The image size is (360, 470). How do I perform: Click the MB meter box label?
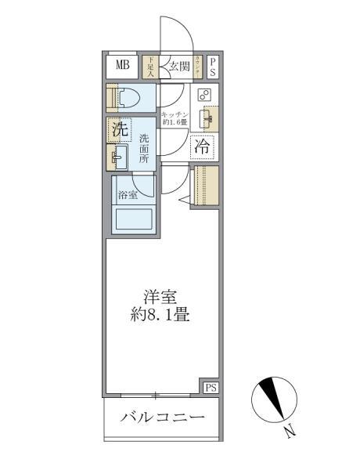coord(123,66)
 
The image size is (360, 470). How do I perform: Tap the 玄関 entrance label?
coord(178,67)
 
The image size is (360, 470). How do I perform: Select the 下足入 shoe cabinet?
coord(150,67)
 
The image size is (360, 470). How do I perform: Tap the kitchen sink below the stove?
coord(205,119)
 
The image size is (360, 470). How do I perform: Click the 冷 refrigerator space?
coord(203,146)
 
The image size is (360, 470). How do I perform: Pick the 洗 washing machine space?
coord(118,130)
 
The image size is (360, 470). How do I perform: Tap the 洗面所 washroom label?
coord(144,148)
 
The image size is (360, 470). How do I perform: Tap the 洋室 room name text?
coord(161,298)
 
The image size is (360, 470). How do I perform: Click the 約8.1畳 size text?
coord(161,316)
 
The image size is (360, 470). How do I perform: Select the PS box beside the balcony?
coord(210,388)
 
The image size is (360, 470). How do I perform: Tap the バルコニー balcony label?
coord(162,417)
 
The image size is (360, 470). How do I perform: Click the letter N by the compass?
coord(290,430)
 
